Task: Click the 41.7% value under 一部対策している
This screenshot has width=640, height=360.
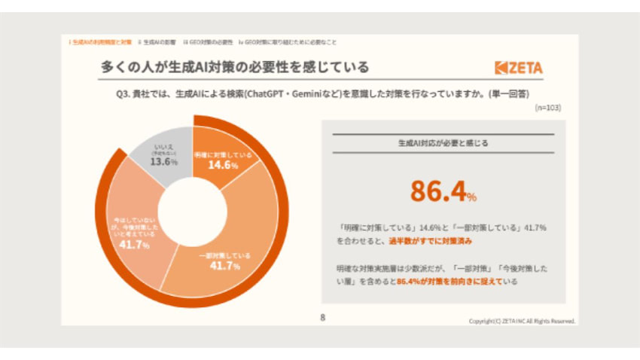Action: click(225, 266)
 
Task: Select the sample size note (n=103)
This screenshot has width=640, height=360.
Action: click(547, 108)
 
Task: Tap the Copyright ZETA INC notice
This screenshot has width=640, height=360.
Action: click(521, 321)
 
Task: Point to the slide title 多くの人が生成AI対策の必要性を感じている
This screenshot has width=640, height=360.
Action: click(235, 68)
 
